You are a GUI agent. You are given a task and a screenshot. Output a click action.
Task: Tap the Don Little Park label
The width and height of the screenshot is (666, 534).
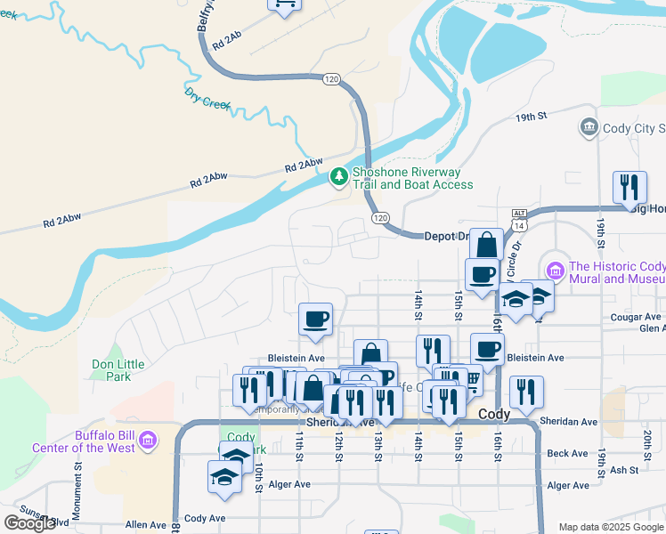coord(111,370)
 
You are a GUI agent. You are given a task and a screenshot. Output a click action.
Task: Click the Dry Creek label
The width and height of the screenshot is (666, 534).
coord(207,98)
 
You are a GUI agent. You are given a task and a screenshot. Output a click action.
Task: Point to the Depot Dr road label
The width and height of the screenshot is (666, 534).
coord(445,236)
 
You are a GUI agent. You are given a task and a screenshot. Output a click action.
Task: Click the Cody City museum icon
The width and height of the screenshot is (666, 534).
coord(588,128)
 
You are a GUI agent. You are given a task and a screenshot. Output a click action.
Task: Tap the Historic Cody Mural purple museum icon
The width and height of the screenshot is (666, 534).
coord(556,269)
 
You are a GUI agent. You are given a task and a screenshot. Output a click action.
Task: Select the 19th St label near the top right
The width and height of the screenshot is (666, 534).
coord(529,117)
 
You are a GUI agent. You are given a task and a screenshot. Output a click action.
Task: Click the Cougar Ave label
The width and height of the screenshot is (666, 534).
coord(636,317)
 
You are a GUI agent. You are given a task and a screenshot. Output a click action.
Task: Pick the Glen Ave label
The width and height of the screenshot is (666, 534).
coord(650,328)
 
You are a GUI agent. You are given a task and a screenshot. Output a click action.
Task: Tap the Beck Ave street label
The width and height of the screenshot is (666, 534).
coord(567,453)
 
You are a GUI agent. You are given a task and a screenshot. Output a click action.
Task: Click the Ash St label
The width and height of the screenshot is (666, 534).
coord(625,470)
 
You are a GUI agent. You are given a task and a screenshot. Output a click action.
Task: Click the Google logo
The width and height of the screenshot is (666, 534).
coord(30,524)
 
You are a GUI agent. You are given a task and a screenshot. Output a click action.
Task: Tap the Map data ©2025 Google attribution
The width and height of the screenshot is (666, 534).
coord(611,527)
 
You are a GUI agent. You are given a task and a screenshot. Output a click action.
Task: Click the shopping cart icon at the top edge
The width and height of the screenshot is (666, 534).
coord(285,4)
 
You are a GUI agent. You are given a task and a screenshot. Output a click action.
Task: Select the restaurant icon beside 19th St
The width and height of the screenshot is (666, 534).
coord(629,189)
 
